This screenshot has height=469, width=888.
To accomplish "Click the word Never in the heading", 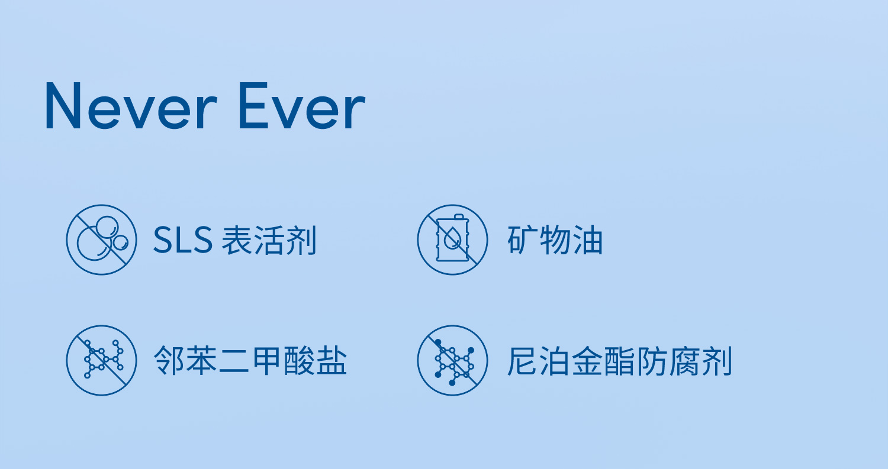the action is click(131, 106).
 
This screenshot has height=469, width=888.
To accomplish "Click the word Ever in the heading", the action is click(302, 106).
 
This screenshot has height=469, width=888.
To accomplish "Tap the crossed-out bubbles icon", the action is click(101, 240).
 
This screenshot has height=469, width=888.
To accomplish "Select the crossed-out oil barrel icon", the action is click(452, 240).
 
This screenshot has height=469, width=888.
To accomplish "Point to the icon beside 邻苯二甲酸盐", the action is click(101, 360).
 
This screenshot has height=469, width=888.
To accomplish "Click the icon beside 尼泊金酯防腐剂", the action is click(452, 360).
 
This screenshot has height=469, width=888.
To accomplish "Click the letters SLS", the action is click(183, 240).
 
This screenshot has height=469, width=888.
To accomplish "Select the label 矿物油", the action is click(555, 240).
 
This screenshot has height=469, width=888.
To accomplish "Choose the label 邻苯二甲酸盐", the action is click(250, 360).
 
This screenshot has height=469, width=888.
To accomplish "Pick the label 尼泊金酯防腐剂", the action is click(620, 360).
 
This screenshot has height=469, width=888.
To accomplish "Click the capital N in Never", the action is click(63, 106).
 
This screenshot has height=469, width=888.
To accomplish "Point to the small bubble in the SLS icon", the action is click(121, 243).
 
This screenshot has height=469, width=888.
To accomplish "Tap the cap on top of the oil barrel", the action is click(459, 216).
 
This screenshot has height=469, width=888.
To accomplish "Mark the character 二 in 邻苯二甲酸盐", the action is click(234, 360).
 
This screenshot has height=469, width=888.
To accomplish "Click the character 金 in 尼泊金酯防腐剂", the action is click(587, 360).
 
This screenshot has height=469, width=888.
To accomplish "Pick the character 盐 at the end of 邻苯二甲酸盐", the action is click(332, 360).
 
